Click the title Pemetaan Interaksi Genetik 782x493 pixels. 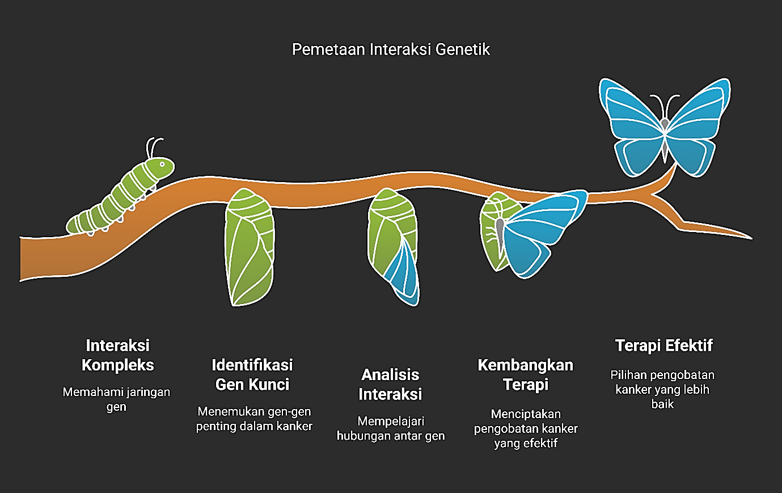pyautogui.click(x=391, y=49)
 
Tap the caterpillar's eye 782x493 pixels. pyautogui.click(x=162, y=164)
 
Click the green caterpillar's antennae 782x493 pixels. pyautogui.click(x=154, y=148)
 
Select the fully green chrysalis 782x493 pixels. pyautogui.click(x=250, y=247)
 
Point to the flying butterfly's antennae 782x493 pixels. pyautogui.click(x=665, y=107)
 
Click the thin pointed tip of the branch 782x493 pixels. pyautogui.click(x=751, y=238)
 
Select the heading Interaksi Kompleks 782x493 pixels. pyautogui.click(x=117, y=356)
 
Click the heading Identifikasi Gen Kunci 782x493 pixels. pyautogui.click(x=252, y=375)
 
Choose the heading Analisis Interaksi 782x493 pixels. pyautogui.click(x=390, y=385)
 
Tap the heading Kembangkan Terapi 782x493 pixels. pyautogui.click(x=526, y=375)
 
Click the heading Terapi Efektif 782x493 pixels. pyautogui.click(x=663, y=345)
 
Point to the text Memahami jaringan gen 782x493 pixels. pyautogui.click(x=116, y=399)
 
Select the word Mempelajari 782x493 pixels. pyautogui.click(x=391, y=422)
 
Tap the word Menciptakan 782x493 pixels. pyautogui.click(x=526, y=414)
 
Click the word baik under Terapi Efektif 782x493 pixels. pyautogui.click(x=662, y=404)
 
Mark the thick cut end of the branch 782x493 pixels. pyautogui.click(x=20, y=259)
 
